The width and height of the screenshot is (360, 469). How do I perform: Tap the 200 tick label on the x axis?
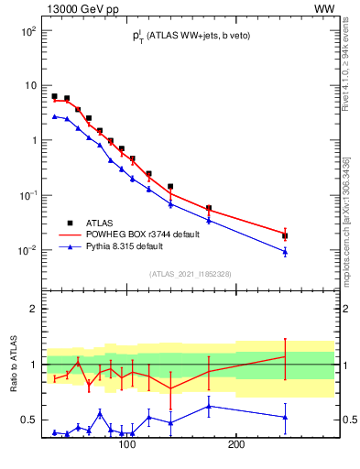coord(235,445)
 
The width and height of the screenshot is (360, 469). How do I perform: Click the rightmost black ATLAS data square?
coord(285,235)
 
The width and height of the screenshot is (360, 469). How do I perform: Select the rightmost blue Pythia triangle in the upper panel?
coord(285,251)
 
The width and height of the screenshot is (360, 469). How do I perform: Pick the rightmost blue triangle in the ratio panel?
coord(285,417)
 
